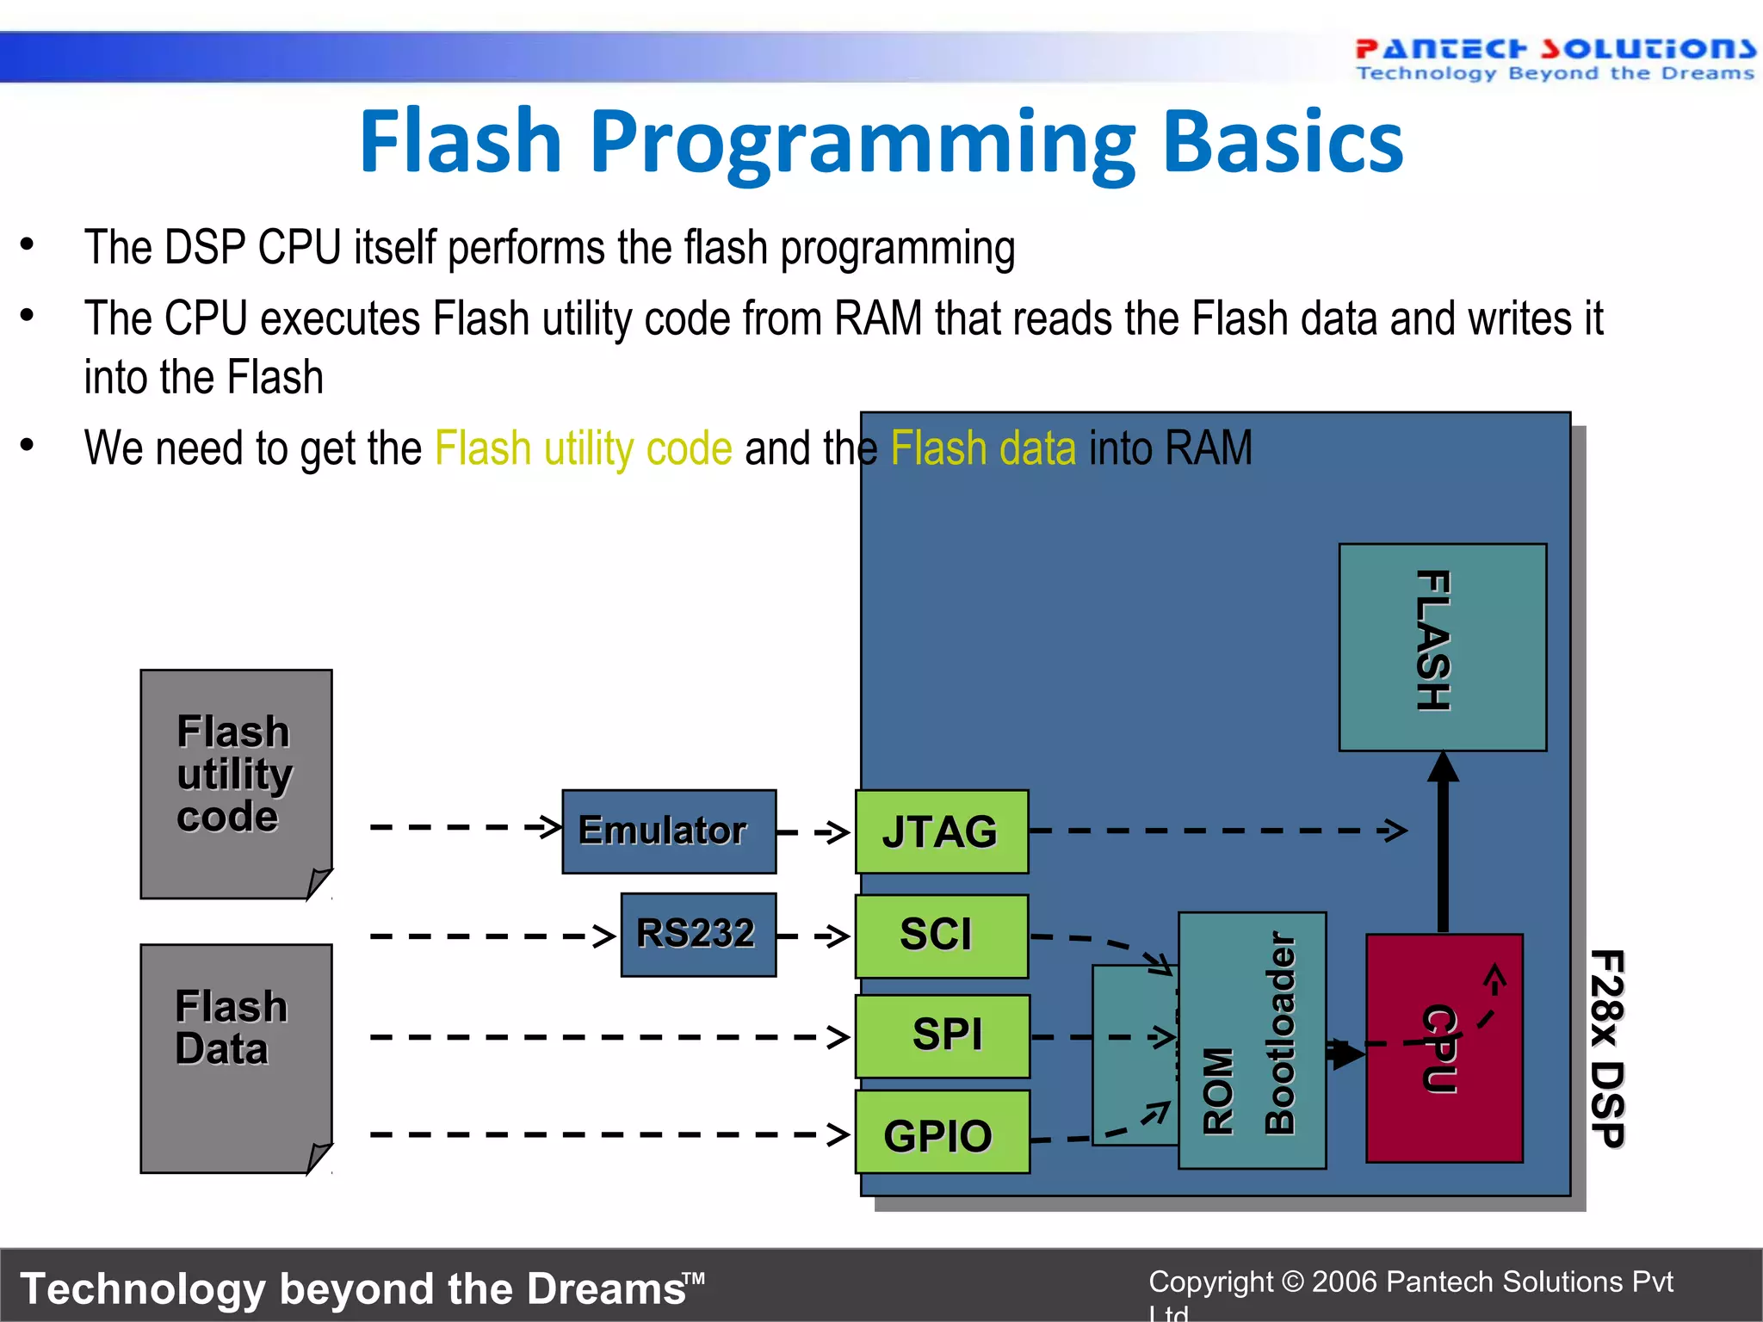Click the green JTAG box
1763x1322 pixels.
942,831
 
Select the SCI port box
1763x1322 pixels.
942,936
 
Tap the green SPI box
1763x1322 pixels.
943,1035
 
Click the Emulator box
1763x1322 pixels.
669,831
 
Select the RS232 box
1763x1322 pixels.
698,935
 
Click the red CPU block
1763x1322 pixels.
1444,1047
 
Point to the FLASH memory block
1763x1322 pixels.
1442,646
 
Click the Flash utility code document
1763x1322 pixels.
236,783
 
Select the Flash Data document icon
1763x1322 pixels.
236,1058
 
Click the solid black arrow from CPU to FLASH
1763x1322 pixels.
1444,843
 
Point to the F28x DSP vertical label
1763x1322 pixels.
1606,1047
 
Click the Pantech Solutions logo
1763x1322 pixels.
1554,59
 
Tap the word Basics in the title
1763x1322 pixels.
1282,143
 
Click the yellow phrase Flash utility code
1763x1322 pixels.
583,448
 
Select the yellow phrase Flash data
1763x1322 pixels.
983,448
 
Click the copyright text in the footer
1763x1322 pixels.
1410,1282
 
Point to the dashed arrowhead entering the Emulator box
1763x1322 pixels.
548,827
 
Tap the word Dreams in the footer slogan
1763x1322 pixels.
607,1289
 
